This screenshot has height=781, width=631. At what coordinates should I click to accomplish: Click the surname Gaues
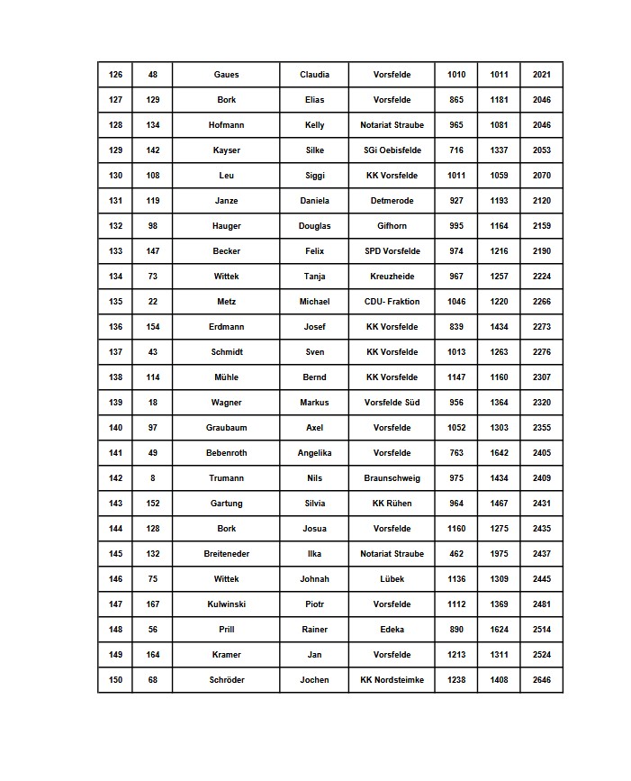click(x=226, y=75)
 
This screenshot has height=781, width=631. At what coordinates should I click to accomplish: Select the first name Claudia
click(x=314, y=75)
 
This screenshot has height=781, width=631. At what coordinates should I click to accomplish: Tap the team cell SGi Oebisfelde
click(x=392, y=150)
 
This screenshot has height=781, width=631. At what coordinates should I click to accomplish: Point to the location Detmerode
click(x=392, y=201)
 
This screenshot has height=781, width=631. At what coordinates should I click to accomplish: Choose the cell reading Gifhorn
click(x=392, y=226)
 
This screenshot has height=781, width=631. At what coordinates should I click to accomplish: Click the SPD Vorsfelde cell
click(x=392, y=251)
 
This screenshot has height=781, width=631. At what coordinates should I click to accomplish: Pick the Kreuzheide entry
click(x=392, y=277)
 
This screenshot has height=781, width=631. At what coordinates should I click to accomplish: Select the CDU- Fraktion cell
click(x=392, y=302)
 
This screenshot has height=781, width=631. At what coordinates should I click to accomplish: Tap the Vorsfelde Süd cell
click(x=392, y=403)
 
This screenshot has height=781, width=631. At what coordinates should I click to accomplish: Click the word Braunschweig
click(x=392, y=478)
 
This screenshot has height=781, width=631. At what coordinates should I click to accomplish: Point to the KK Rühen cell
click(x=392, y=504)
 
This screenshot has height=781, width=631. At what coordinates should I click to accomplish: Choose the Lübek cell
click(x=392, y=579)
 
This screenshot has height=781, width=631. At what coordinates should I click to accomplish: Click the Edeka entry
click(x=392, y=630)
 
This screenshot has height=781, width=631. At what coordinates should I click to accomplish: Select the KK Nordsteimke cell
click(x=392, y=680)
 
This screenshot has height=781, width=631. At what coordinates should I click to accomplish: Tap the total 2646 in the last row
click(x=541, y=680)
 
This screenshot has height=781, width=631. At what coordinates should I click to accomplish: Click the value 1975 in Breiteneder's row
click(x=499, y=554)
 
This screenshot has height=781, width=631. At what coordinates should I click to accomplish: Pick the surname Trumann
click(x=226, y=478)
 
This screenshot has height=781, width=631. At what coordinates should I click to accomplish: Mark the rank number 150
click(x=115, y=680)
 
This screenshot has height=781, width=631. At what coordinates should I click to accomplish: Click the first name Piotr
click(x=314, y=604)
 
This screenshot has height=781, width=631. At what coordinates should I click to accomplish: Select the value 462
click(x=456, y=554)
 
